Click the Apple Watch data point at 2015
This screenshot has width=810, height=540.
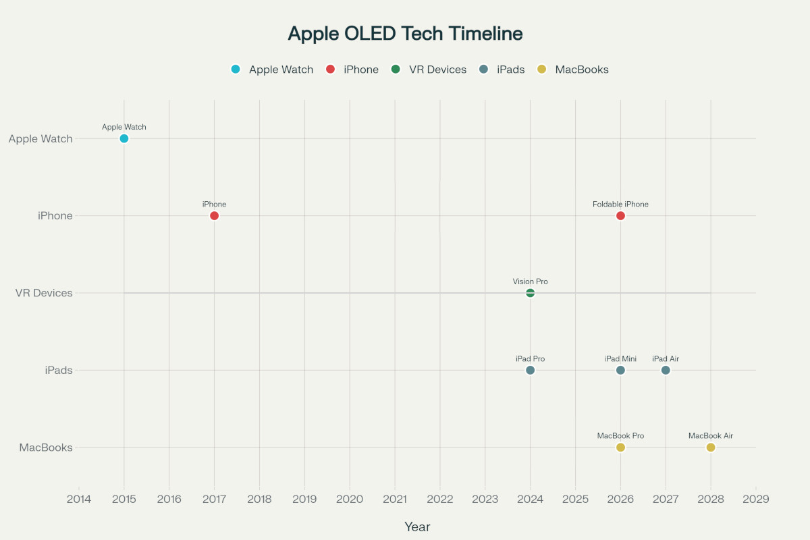pos(124,139)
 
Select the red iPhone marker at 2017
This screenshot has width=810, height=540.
pos(214,216)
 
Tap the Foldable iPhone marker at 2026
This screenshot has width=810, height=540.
pos(620,216)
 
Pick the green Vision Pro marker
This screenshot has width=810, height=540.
pos(530,293)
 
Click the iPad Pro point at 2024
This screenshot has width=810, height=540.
pos(530,370)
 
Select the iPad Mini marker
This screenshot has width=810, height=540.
pos(620,370)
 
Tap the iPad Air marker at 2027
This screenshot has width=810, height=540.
pos(666,370)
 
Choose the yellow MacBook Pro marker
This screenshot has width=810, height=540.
pos(620,448)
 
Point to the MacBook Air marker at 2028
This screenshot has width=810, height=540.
pos(710,448)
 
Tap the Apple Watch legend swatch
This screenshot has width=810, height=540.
pos(236,70)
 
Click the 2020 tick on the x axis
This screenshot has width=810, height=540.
pos(350,500)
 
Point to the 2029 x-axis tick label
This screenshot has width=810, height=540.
pos(755,500)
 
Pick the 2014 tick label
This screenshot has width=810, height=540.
pos(79,500)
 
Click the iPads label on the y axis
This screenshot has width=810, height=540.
pos(59,370)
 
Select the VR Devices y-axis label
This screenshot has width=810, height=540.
pos(44,293)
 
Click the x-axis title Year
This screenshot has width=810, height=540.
pos(417,526)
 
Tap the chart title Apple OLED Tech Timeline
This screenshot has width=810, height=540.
pos(405,34)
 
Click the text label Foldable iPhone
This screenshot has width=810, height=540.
pos(620,204)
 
